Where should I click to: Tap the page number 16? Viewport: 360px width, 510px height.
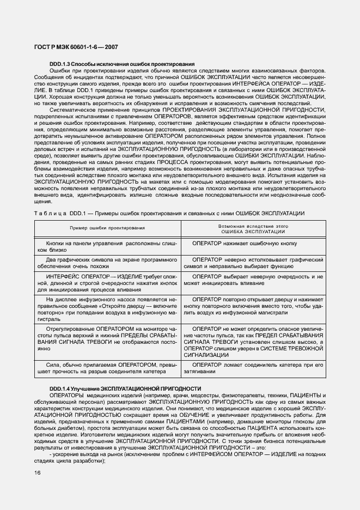click(x=37, y=473)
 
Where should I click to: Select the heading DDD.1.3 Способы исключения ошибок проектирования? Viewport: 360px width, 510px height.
click(x=122, y=64)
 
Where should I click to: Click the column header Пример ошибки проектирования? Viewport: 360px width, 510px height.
click(x=106, y=228)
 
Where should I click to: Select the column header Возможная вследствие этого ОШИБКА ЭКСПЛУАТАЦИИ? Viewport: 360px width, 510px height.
click(x=253, y=228)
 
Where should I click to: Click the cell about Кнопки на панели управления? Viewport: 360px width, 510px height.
click(x=106, y=246)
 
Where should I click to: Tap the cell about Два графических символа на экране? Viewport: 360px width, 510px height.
click(x=106, y=264)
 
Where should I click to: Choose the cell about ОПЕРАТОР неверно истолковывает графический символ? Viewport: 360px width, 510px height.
click(x=253, y=264)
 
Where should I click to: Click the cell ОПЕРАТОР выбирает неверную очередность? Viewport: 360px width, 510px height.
click(x=253, y=280)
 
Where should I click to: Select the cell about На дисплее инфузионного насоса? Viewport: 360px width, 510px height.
click(x=106, y=311)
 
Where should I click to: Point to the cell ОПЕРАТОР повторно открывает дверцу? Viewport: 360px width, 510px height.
click(x=253, y=307)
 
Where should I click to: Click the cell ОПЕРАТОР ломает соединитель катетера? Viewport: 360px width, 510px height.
click(x=253, y=368)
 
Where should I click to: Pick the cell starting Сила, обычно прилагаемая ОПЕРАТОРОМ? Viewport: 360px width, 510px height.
click(x=106, y=368)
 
